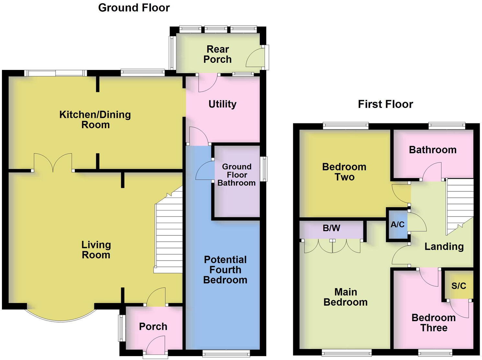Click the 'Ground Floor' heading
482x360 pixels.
[x=134, y=8]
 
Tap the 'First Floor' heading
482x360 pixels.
[x=385, y=104]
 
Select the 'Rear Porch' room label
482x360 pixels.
[x=217, y=54]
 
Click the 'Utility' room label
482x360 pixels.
[x=222, y=104]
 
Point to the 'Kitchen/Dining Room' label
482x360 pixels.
[x=95, y=119]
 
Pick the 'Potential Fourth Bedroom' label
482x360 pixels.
[x=225, y=270]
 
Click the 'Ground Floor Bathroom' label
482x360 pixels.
[x=236, y=175]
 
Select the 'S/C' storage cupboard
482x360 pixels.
[x=459, y=286]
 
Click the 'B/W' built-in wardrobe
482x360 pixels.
[x=331, y=228]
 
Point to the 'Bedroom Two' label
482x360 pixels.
[x=344, y=172]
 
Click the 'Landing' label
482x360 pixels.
[x=444, y=247]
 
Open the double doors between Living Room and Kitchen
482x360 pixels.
[x=53, y=163]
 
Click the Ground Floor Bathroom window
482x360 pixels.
[x=265, y=169]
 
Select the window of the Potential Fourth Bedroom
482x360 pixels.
[x=226, y=354]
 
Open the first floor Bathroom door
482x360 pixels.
[x=432, y=172]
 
